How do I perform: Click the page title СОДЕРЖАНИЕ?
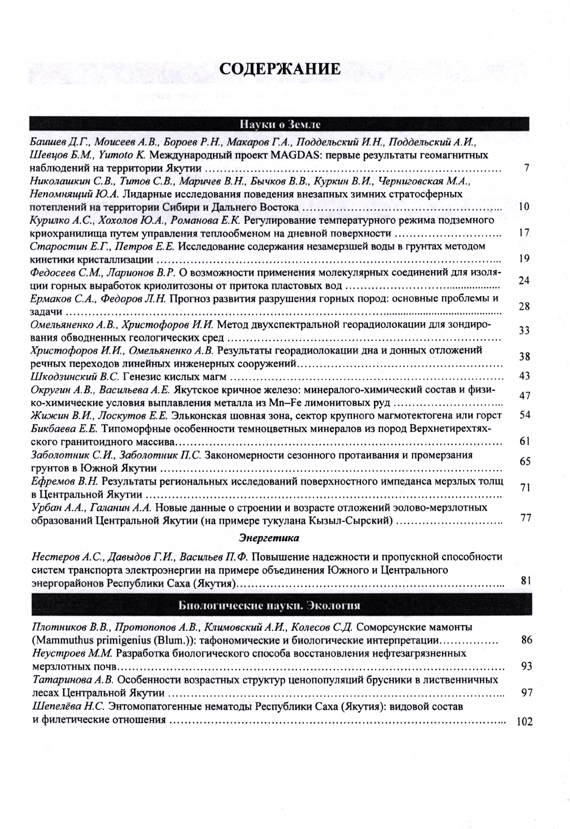280,69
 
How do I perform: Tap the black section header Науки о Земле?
280,124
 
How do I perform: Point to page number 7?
526,168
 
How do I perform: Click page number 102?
525,722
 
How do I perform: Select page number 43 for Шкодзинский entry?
524,376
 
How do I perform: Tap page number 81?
526,581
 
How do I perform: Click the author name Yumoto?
116,155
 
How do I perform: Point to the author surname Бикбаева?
53,429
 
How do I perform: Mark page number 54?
524,415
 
